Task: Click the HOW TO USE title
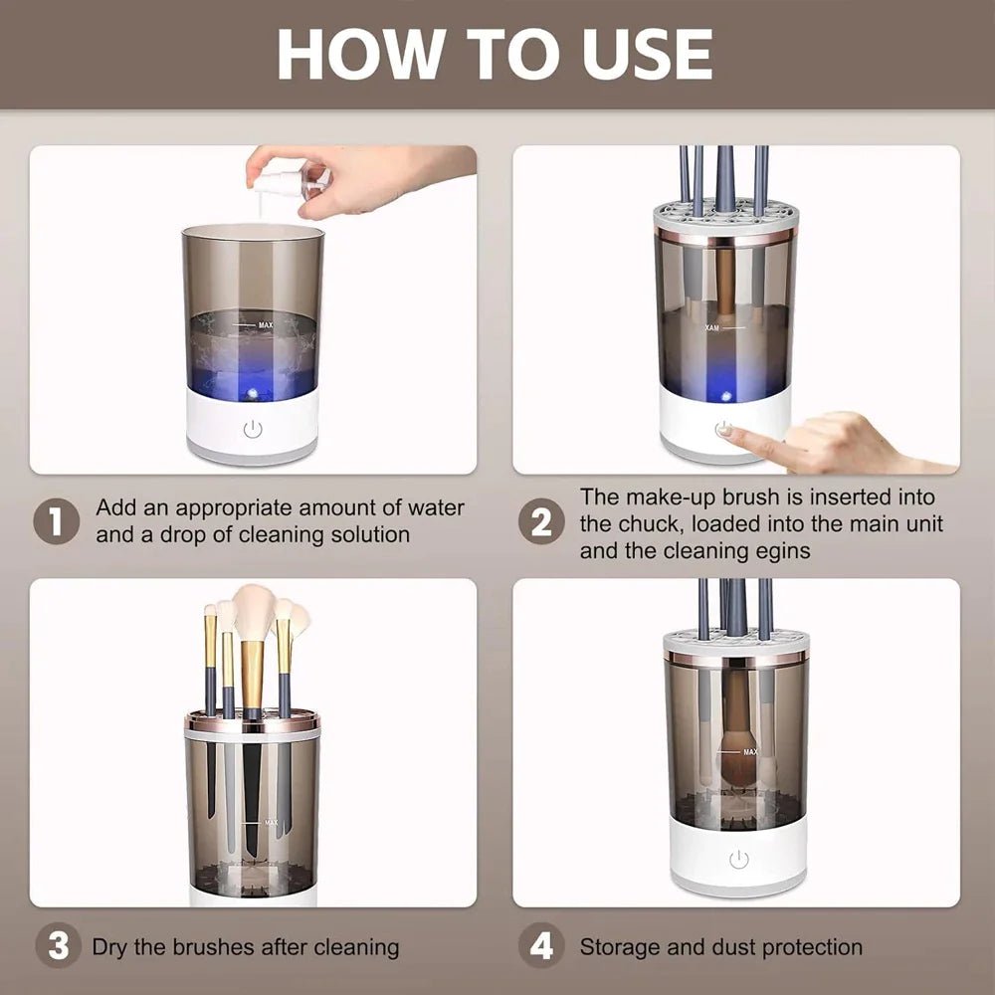pyautogui.click(x=495, y=54)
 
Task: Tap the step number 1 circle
pyautogui.click(x=56, y=521)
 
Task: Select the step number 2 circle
pyautogui.click(x=541, y=521)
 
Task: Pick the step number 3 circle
pyautogui.click(x=59, y=946)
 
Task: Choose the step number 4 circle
pyautogui.click(x=541, y=946)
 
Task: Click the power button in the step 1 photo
pyautogui.click(x=253, y=429)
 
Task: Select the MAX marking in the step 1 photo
pyautogui.click(x=265, y=324)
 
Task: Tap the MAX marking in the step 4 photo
pyautogui.click(x=749, y=752)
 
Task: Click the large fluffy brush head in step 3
pyautogui.click(x=255, y=611)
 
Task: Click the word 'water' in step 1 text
pyautogui.click(x=435, y=507)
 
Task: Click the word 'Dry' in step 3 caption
pyautogui.click(x=110, y=946)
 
